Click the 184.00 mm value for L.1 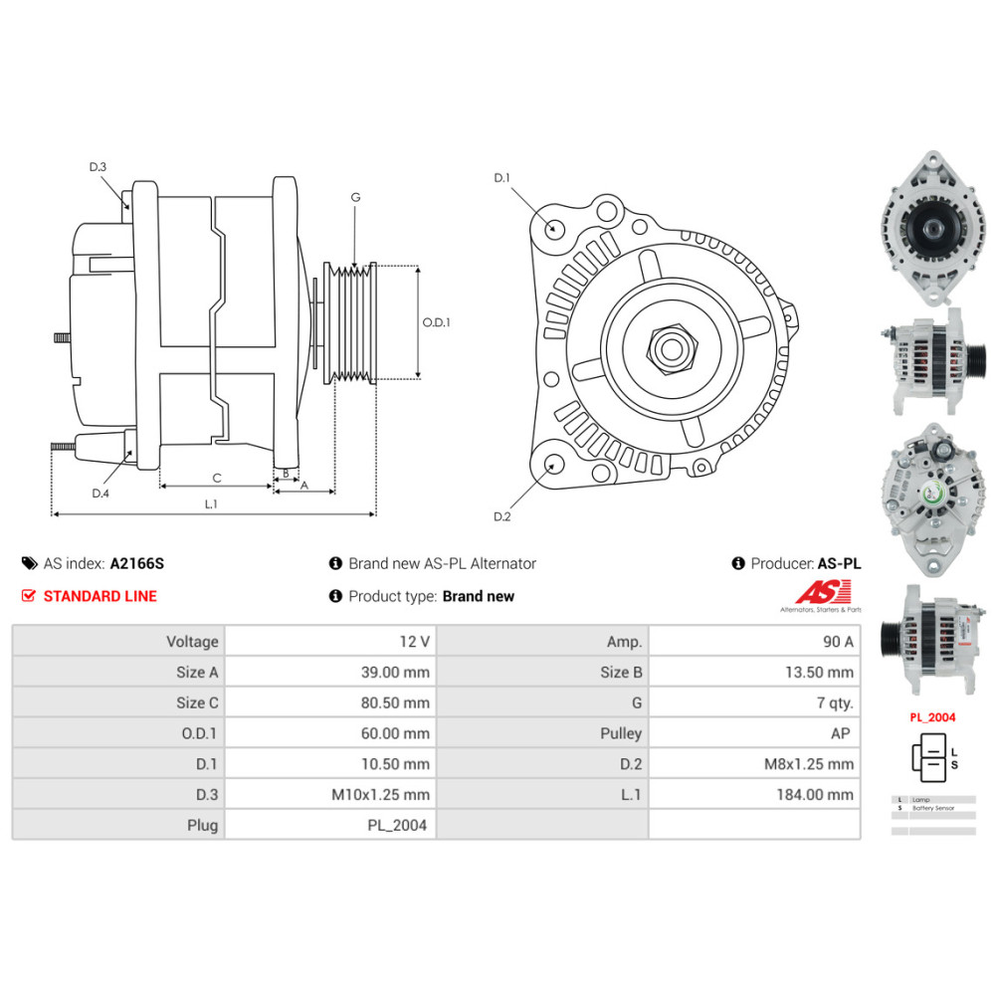tap(815, 794)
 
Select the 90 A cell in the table tap(833, 642)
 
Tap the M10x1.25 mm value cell tap(382, 794)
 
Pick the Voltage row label tap(192, 642)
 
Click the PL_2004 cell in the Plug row tap(397, 825)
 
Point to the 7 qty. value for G tap(835, 702)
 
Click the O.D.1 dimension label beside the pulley tap(436, 322)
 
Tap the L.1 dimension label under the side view tap(211, 503)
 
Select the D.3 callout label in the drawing tap(98, 167)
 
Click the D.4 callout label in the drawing tap(99, 494)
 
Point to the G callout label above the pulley tap(355, 197)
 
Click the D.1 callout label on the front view tap(501, 178)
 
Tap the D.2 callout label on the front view tap(501, 516)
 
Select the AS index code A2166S tap(136, 563)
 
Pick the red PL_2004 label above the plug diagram tap(931, 716)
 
